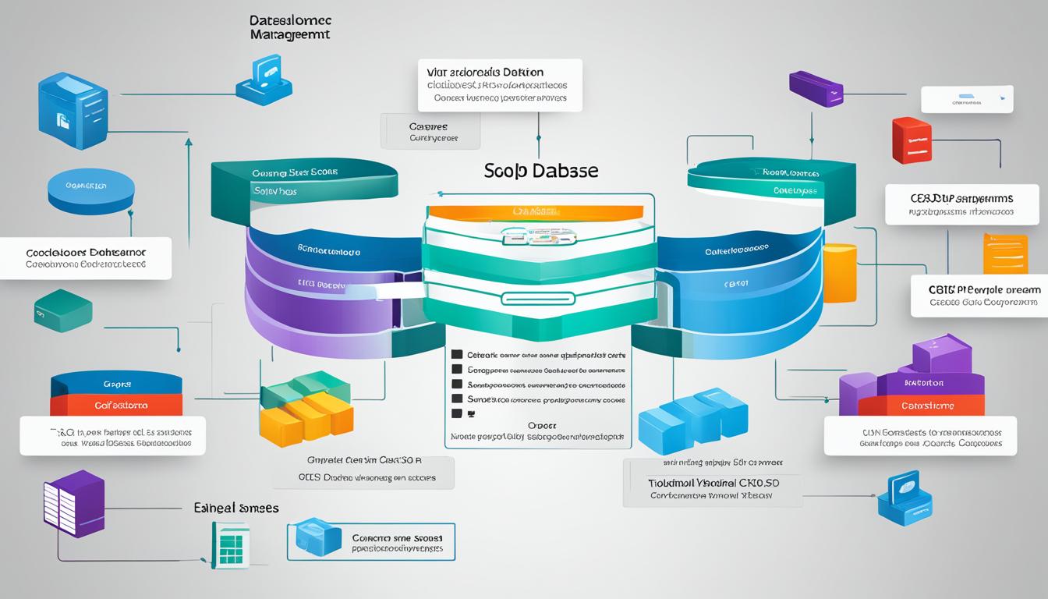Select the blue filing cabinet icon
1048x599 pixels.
pyautogui.click(x=73, y=112)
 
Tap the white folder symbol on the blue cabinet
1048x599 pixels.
pyautogui.click(x=63, y=119)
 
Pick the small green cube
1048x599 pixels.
pyautogui.click(x=63, y=310)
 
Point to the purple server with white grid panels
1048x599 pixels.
pyautogui.click(x=73, y=503)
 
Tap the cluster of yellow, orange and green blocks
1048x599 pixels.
pyautogui.click(x=306, y=407)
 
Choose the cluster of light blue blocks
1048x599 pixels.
pyautogui.click(x=692, y=421)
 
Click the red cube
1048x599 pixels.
pyautogui.click(x=912, y=140)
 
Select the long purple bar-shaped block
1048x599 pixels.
pyautogui.click(x=816, y=89)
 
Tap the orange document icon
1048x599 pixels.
pyautogui.click(x=1004, y=253)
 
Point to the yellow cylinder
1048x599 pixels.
pyautogui.click(x=840, y=273)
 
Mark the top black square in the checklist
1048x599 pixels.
pyautogui.click(x=458, y=354)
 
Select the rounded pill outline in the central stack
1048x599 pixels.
pyautogui.click(x=537, y=298)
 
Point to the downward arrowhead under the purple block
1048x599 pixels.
pyautogui.click(x=812, y=140)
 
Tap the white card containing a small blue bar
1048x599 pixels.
pyautogui.click(x=966, y=100)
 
